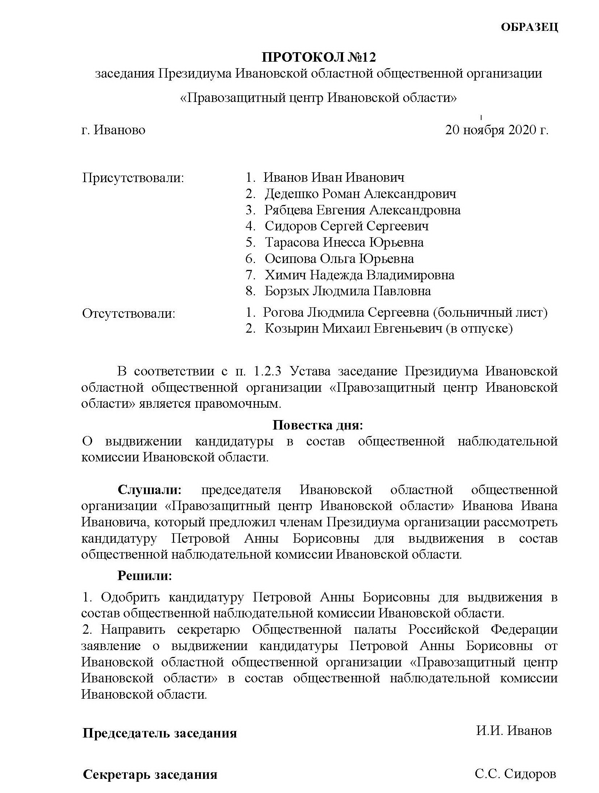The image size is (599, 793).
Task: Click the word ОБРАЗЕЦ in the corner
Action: tap(529, 28)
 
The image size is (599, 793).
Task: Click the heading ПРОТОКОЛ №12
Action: tap(319, 58)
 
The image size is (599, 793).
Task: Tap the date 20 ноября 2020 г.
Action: tap(496, 130)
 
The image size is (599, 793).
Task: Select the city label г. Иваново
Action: tap(113, 130)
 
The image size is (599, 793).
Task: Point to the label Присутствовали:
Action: tap(133, 178)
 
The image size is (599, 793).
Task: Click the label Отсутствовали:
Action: tap(129, 313)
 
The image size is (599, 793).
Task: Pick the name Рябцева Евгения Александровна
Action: tap(362, 210)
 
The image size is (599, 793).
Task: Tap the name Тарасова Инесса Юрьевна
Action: tap(344, 242)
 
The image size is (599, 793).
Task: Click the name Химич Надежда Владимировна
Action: tap(359, 275)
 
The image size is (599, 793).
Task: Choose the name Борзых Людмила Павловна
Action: tap(348, 291)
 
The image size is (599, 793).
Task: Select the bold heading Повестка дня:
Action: tap(317, 425)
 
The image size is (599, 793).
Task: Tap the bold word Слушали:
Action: tap(149, 490)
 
